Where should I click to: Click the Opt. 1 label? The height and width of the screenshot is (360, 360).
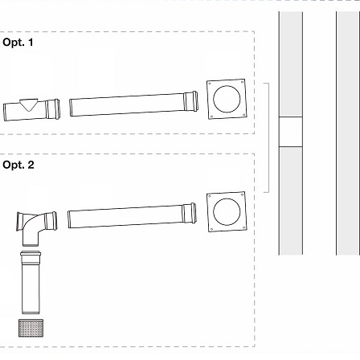[18, 43]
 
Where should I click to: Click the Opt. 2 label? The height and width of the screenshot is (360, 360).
[18, 165]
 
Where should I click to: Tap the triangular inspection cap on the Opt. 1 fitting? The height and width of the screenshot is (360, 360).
[29, 104]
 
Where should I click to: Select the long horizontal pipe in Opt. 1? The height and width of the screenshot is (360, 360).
[134, 104]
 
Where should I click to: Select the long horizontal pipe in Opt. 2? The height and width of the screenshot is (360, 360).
[132, 215]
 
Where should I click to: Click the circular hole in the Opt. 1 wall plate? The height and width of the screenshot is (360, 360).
[227, 99]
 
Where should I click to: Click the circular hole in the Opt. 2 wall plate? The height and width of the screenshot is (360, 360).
[227, 212]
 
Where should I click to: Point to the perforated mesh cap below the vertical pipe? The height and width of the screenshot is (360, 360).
[31, 328]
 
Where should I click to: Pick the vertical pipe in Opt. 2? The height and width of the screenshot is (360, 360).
[31, 282]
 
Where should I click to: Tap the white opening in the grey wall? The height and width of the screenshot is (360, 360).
[291, 132]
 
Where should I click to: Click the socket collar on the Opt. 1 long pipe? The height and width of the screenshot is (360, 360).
[191, 101]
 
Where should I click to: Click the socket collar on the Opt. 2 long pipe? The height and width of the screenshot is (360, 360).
[190, 213]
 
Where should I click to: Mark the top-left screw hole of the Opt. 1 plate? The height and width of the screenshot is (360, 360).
[210, 83]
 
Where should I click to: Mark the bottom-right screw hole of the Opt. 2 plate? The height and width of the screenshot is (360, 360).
[243, 228]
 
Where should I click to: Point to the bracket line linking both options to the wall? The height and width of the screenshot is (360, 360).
[268, 137]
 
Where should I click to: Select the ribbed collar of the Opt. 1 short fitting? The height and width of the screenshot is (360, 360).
[53, 109]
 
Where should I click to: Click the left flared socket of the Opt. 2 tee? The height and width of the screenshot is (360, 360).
[19, 222]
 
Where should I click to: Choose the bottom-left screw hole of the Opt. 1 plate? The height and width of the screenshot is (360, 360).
[211, 117]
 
